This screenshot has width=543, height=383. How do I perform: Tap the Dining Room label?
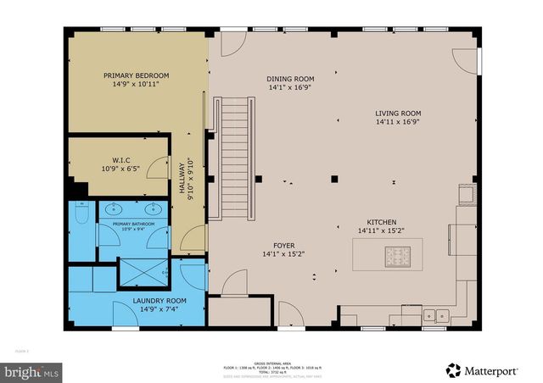291,79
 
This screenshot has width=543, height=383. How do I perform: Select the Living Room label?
398,113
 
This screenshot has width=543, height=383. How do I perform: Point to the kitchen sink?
437,316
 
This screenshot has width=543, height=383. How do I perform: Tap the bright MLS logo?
31,371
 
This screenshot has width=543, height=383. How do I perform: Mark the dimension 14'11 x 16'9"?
398,121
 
